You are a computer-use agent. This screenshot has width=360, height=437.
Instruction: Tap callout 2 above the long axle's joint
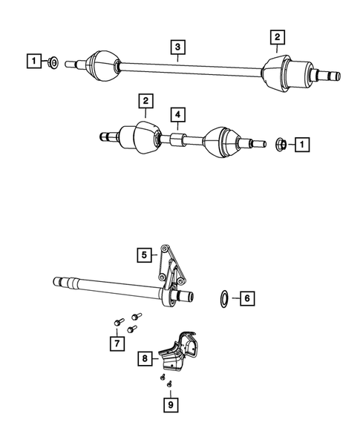coord(276,36)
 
